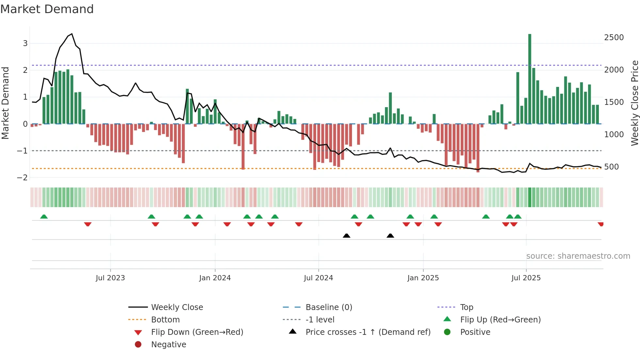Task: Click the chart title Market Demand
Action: click(x=47, y=9)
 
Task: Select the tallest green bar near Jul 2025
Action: click(x=530, y=78)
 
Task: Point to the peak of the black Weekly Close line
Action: click(x=72, y=34)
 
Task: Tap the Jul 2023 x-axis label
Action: click(x=110, y=278)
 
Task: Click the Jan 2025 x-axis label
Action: click(x=423, y=278)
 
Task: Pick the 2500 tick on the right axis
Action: click(x=614, y=38)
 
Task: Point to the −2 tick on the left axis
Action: click(x=23, y=178)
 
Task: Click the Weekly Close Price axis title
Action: click(x=634, y=103)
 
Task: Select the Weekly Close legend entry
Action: click(x=177, y=307)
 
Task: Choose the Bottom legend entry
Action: click(x=165, y=320)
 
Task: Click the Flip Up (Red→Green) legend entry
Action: click(x=500, y=320)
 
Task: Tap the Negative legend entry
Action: click(x=168, y=345)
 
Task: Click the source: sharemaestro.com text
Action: click(x=578, y=256)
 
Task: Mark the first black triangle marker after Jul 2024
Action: click(x=346, y=236)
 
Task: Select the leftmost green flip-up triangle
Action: click(x=44, y=217)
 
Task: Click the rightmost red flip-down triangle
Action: click(x=600, y=224)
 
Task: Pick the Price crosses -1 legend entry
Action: click(x=368, y=332)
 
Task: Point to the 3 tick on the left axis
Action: click(x=25, y=43)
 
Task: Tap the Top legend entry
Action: click(x=467, y=307)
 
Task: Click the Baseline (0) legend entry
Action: click(x=329, y=307)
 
